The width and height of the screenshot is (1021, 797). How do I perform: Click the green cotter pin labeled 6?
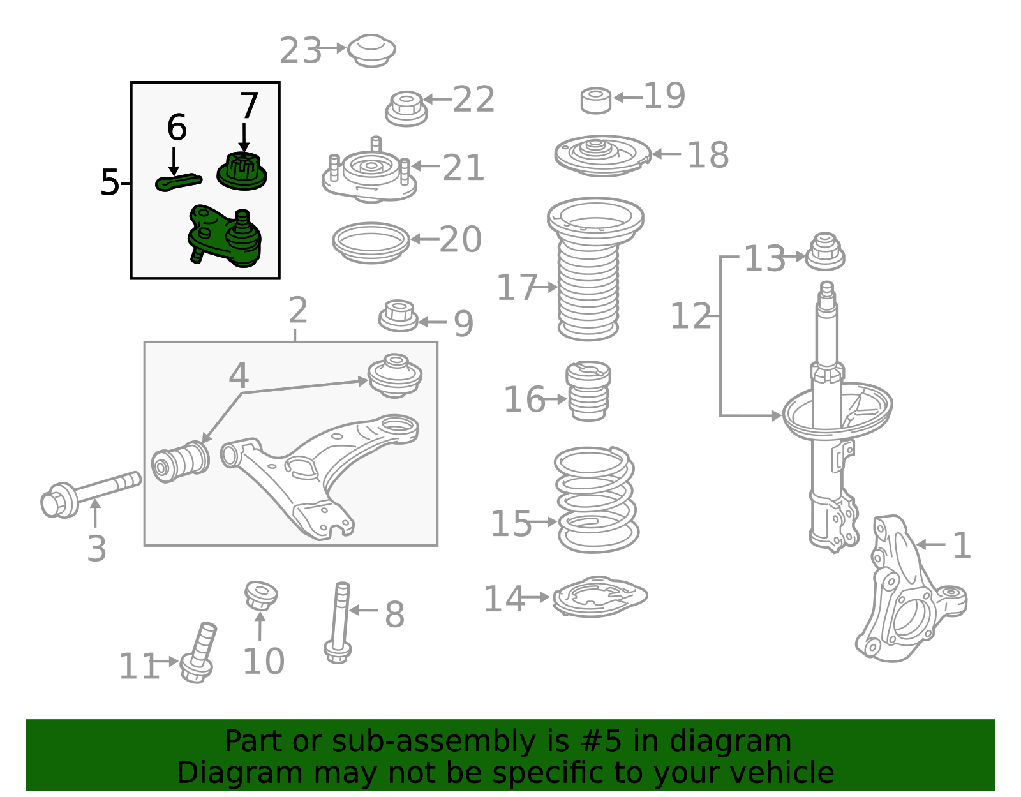(x=178, y=182)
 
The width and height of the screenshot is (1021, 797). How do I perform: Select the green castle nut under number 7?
(x=241, y=171)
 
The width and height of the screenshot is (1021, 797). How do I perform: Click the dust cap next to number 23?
(x=371, y=50)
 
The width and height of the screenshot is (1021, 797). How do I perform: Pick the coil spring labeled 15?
(x=597, y=500)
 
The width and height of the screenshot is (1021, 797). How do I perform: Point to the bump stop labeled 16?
(x=588, y=391)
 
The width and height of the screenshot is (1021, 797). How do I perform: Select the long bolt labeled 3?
(x=90, y=495)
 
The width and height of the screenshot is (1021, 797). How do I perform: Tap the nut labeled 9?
(x=398, y=316)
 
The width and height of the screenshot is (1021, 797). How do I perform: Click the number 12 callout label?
(x=690, y=316)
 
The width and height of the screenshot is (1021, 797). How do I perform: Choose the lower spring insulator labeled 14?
(x=600, y=597)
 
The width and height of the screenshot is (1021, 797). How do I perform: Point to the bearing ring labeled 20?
(x=371, y=243)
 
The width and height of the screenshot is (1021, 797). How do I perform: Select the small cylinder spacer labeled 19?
(x=596, y=101)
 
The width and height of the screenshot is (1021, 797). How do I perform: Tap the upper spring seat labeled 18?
(x=603, y=156)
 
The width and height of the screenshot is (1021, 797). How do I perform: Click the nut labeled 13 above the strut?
(x=825, y=251)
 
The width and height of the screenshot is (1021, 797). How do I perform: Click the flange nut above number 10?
(x=261, y=595)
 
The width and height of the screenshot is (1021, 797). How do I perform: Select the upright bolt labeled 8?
(x=338, y=623)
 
